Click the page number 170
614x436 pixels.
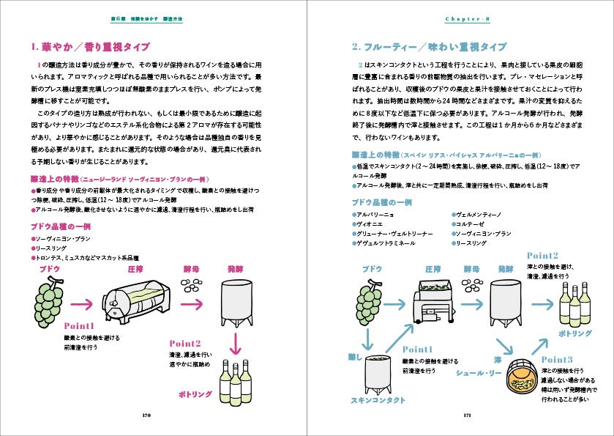pyautogui.click(x=146, y=415)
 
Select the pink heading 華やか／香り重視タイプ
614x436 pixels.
pyautogui.click(x=91, y=47)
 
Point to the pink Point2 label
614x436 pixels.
pyautogui.click(x=184, y=344)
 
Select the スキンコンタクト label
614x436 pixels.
pyautogui.click(x=378, y=401)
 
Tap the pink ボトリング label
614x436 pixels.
pyautogui.click(x=195, y=394)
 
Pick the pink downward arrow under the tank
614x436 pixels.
pyautogui.click(x=236, y=343)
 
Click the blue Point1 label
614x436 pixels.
pyautogui.click(x=417, y=349)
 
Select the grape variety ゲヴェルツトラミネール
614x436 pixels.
pyautogui.click(x=386, y=243)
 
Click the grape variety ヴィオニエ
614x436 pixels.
pyautogui.click(x=370, y=223)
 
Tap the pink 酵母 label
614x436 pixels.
pyautogui.click(x=192, y=269)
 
